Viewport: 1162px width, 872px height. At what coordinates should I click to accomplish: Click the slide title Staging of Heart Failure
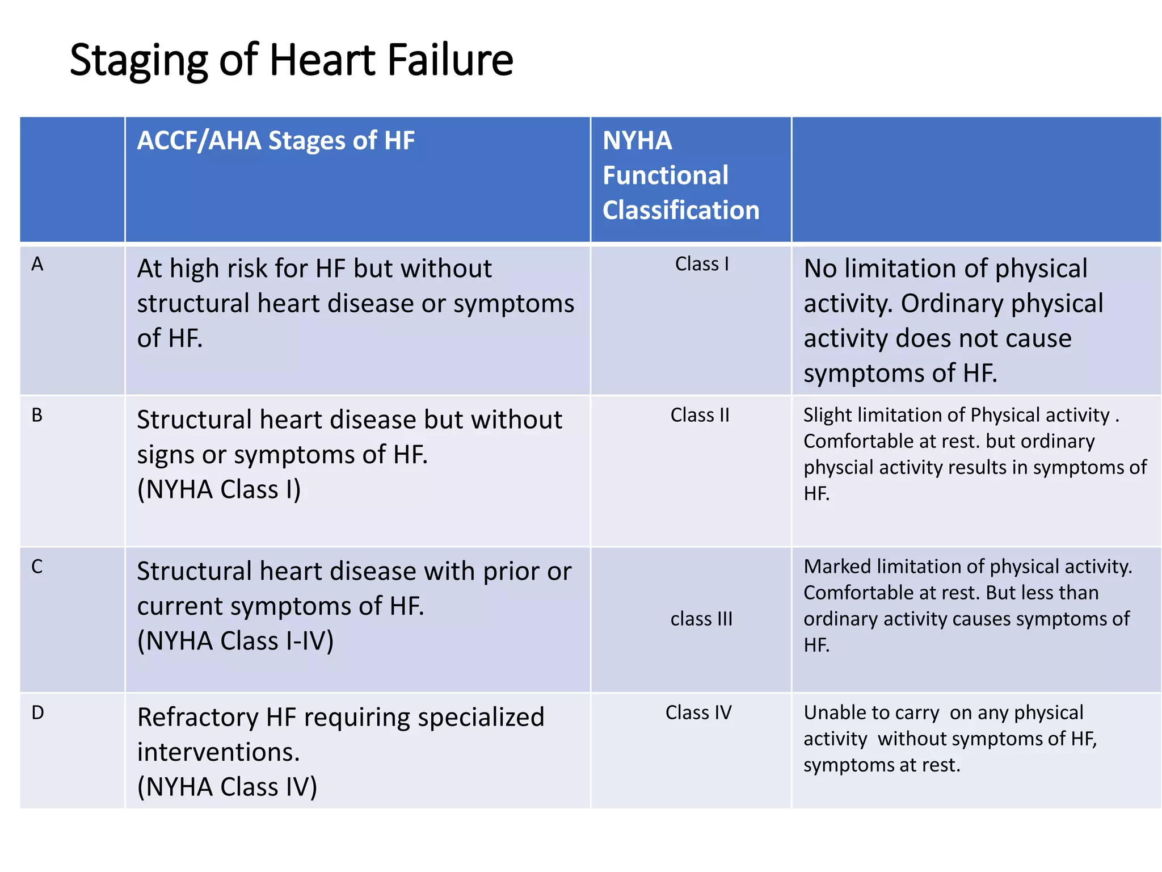point(291,60)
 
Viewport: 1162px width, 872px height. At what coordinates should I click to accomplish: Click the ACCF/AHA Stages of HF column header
point(276,141)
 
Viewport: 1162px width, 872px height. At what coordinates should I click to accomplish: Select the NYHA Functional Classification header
point(680,175)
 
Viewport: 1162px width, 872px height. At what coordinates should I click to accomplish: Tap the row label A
point(37,265)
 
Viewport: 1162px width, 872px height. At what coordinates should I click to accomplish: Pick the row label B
point(37,416)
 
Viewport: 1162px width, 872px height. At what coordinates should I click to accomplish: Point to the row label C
point(37,567)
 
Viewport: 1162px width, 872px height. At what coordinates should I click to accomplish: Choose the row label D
point(37,712)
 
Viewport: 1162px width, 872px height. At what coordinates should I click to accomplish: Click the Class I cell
point(702,264)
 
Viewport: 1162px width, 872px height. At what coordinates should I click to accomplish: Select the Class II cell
point(700,415)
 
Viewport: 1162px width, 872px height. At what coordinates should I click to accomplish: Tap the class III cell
point(701,619)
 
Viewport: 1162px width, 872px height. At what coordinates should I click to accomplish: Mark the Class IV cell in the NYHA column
point(698,712)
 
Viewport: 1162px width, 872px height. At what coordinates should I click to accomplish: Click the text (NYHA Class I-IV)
point(235,641)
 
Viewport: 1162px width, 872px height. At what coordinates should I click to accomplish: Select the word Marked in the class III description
point(837,567)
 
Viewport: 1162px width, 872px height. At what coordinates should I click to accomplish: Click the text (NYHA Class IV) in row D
point(227,787)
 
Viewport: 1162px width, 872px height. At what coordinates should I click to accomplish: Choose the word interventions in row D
point(218,753)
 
